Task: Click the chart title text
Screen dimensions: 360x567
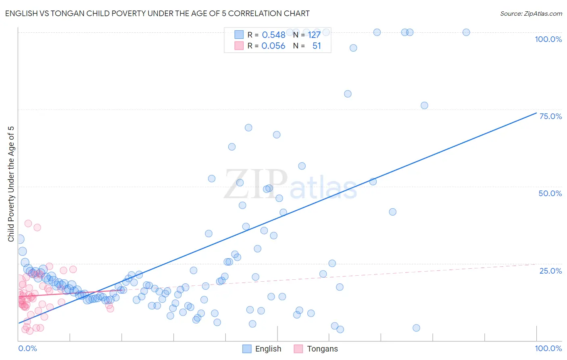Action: point(157,13)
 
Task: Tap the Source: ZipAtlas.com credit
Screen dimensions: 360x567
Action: point(531,13)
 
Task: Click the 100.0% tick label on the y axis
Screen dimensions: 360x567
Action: point(548,39)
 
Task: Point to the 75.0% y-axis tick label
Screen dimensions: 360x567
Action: point(550,116)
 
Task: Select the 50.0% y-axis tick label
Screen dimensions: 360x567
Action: point(550,193)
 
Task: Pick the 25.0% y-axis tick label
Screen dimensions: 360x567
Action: point(550,270)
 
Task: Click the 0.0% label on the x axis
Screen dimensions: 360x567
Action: point(27,348)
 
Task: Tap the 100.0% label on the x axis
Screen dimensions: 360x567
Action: point(548,348)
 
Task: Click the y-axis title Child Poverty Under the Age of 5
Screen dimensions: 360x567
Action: point(11,184)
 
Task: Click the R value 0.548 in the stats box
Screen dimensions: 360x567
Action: point(273,35)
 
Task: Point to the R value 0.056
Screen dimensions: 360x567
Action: point(273,46)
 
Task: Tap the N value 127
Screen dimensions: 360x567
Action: point(314,35)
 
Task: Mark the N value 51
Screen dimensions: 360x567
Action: point(317,46)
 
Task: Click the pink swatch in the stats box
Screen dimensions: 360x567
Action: point(239,46)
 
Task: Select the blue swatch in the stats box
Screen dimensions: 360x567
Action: point(239,35)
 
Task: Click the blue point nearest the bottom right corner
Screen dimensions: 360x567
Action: point(416,328)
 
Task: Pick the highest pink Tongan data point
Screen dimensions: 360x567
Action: point(28,223)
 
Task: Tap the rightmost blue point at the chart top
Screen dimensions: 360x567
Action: point(466,32)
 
